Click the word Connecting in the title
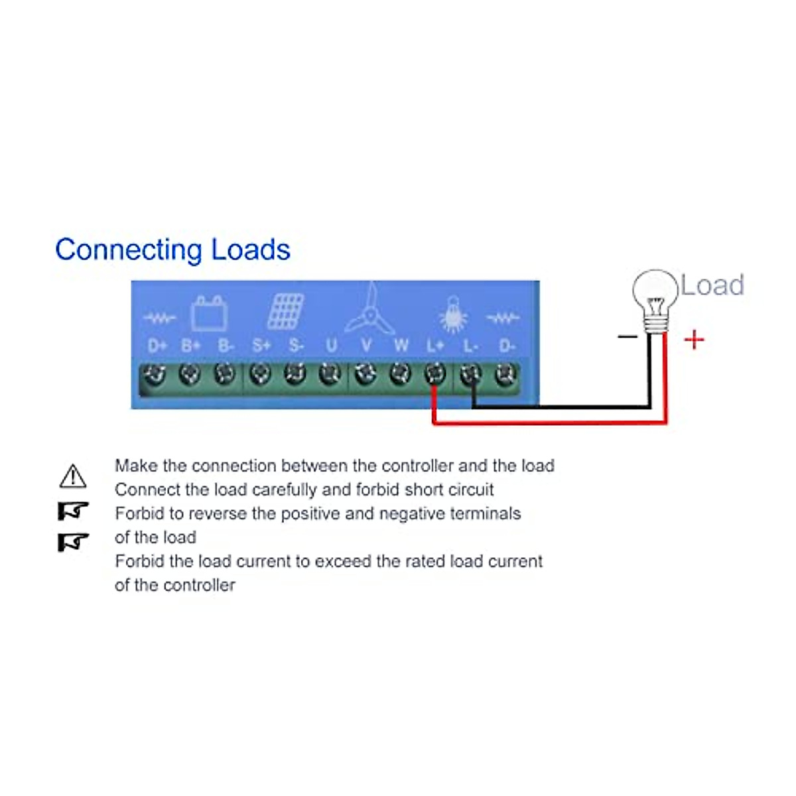pos(129,251)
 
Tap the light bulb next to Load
pos(655,301)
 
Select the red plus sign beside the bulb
pos(694,340)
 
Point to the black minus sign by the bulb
pos(628,337)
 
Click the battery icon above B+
pos(210,313)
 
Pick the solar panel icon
pos(285,312)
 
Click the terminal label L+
pos(435,346)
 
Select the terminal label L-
pos(470,346)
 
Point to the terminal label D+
pos(157,346)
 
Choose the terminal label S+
pos(261,346)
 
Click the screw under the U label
pos(330,374)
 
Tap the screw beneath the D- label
pos(506,374)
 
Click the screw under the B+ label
pos(190,374)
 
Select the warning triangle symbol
pos(73,476)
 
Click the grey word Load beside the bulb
pos(712,285)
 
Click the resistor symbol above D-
pos(503,318)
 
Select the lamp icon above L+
pos(453,314)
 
